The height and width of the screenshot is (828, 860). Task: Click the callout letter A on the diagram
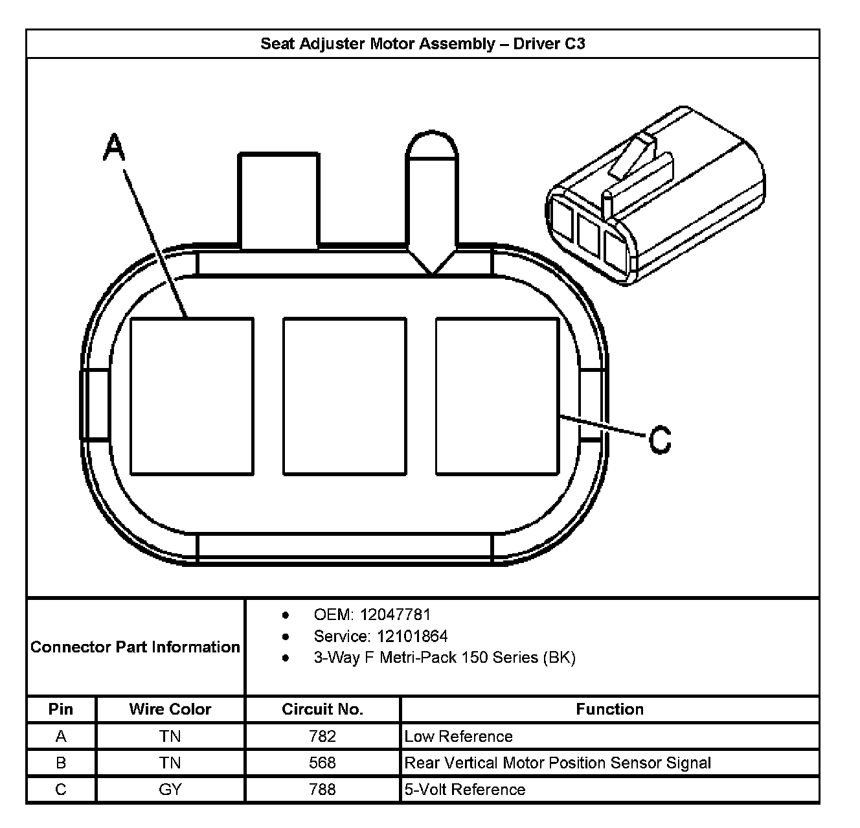[x=114, y=148]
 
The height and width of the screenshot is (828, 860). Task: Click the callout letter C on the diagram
[x=660, y=440]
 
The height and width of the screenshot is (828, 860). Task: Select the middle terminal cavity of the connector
[x=345, y=395]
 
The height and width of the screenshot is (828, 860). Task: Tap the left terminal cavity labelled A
[x=192, y=395]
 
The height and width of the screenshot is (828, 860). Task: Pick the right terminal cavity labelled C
[x=497, y=395]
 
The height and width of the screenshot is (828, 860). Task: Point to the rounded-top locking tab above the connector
[x=432, y=194]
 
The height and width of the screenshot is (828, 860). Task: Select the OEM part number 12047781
[x=395, y=615]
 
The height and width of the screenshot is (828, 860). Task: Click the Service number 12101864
[x=413, y=636]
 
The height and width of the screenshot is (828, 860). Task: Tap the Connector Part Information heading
[x=135, y=647]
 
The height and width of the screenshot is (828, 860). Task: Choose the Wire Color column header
[x=170, y=709]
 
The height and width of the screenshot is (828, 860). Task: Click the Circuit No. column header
[x=322, y=709]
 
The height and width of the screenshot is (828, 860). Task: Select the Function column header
[x=609, y=709]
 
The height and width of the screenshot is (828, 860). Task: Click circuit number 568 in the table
[x=322, y=763]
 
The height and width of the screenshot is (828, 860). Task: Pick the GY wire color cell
[x=170, y=789]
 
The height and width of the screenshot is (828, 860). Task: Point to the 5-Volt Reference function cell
[x=464, y=789]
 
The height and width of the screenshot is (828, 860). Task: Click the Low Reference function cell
[x=458, y=737]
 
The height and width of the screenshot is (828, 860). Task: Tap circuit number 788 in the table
[x=322, y=789]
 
